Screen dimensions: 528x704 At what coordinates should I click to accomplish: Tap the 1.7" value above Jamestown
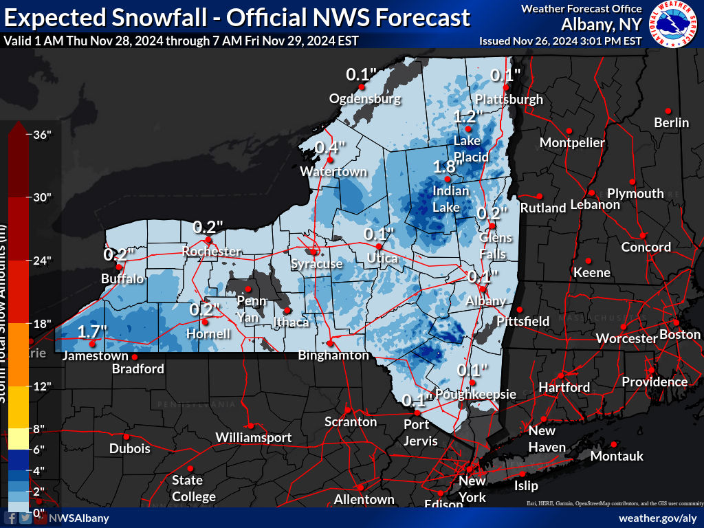92,331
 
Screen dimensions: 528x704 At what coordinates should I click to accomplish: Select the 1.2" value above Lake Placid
467,115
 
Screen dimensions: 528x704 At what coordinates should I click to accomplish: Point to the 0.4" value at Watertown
331,146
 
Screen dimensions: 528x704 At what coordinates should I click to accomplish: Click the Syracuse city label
316,264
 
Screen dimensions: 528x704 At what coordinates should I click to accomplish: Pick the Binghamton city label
334,355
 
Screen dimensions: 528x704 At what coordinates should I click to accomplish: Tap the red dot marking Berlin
667,110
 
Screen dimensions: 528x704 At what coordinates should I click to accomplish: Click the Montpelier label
572,143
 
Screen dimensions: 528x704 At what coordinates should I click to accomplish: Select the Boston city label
679,335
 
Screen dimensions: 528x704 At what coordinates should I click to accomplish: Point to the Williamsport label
254,437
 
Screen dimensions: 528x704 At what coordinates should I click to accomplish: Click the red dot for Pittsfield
520,309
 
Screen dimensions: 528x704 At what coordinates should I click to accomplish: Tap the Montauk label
617,456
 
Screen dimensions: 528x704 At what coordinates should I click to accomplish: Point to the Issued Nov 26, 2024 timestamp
560,41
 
